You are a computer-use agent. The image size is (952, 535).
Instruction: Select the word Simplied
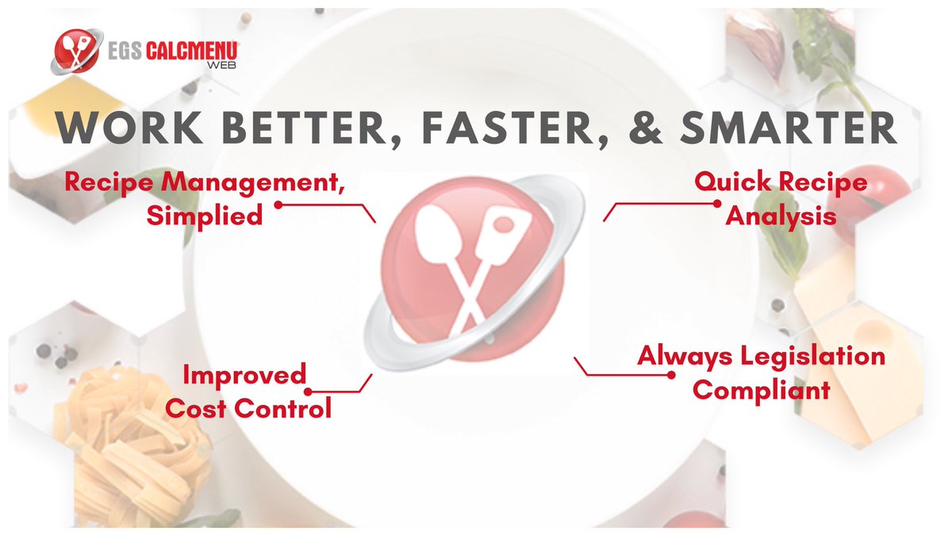click(x=205, y=215)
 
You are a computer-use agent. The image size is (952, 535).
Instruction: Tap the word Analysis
click(x=781, y=215)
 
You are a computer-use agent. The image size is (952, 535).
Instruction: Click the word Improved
click(x=244, y=374)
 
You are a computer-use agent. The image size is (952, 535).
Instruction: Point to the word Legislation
click(x=812, y=356)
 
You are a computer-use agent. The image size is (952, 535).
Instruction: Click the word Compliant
click(x=761, y=390)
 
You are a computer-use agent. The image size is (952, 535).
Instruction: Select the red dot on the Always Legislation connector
click(x=671, y=373)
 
